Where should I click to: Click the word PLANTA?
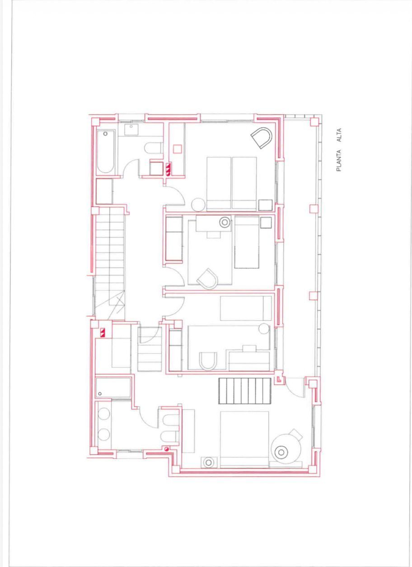[x=339, y=161]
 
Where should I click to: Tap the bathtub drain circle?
[x=105, y=134]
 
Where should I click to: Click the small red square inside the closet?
[x=178, y=149]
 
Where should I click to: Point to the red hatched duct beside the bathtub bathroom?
[x=168, y=169]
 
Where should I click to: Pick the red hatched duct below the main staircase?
[x=103, y=332]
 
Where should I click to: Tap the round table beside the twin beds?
[x=198, y=205]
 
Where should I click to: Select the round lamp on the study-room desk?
[x=225, y=223]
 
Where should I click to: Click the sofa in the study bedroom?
[x=174, y=239]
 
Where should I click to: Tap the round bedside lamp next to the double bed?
[x=208, y=462]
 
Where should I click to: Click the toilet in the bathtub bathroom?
[x=154, y=148]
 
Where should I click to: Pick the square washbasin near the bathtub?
[x=131, y=130]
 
